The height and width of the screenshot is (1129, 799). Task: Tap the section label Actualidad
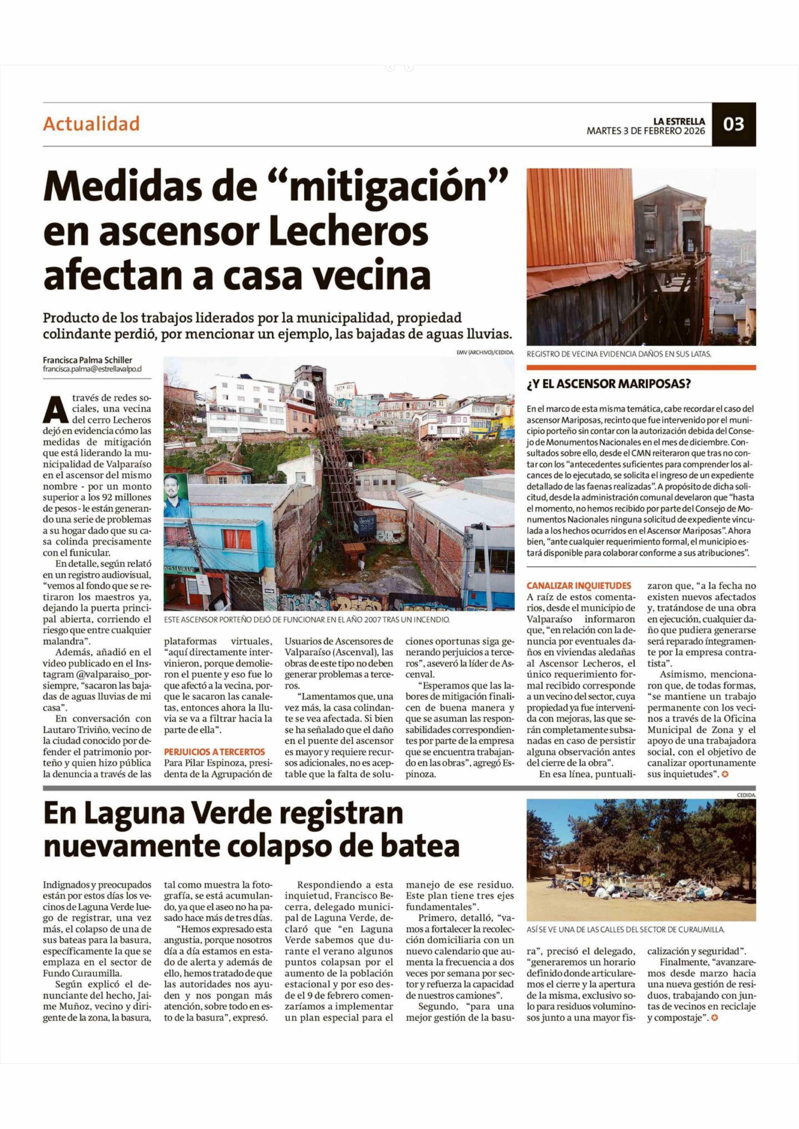91,123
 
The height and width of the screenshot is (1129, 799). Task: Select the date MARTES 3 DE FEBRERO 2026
645,131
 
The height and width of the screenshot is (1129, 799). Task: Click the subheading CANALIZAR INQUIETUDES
579,586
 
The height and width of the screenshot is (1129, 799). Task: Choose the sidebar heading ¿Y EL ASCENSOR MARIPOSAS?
609,384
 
